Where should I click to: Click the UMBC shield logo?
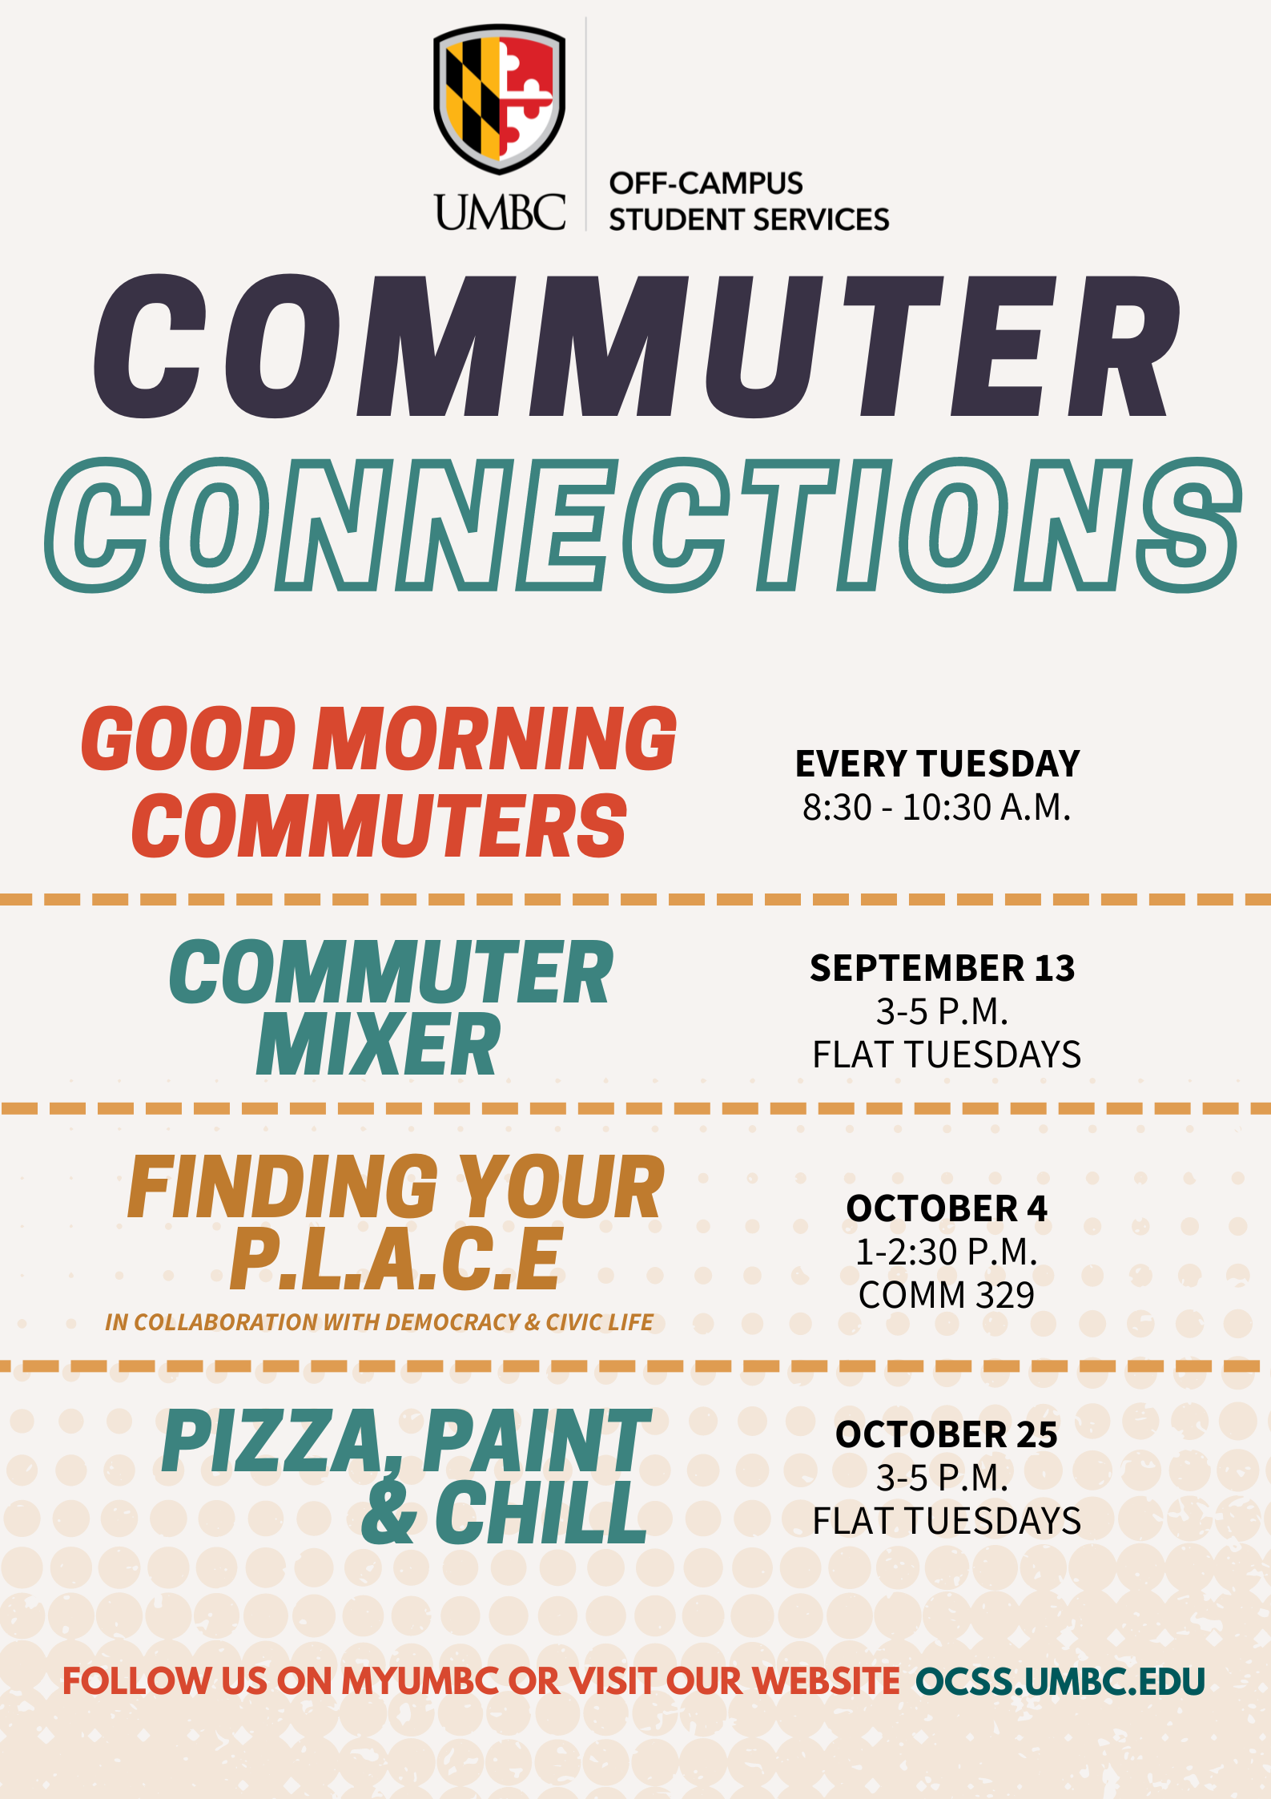tap(500, 99)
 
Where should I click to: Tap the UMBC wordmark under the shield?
tap(500, 212)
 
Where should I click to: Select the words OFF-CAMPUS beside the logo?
tap(706, 184)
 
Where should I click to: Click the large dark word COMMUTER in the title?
tap(638, 346)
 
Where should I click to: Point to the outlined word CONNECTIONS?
tap(643, 525)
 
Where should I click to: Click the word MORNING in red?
tap(495, 739)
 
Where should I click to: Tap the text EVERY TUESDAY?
tap(937, 764)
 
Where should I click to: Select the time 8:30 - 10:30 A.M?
tap(937, 808)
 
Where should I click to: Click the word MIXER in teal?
tap(378, 1045)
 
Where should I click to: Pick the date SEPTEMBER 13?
tap(942, 968)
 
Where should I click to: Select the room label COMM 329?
tap(947, 1295)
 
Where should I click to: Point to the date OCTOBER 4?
tap(947, 1208)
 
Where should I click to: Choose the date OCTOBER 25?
tap(947, 1434)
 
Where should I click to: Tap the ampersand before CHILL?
tap(389, 1511)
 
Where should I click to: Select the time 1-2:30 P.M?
tap(947, 1252)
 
